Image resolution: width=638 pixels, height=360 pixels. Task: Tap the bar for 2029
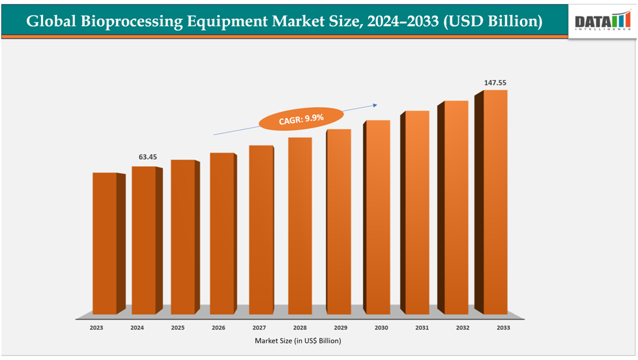pos(339,221)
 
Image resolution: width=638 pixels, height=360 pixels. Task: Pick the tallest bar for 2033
pos(495,202)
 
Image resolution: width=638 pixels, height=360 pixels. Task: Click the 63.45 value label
pos(148,157)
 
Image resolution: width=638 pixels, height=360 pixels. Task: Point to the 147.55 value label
pos(495,83)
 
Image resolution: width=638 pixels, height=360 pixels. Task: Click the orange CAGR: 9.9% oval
pos(301,119)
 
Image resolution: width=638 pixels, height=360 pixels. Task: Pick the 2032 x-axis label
pos(462,327)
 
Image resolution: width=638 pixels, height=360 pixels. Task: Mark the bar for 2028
pos(300,225)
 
